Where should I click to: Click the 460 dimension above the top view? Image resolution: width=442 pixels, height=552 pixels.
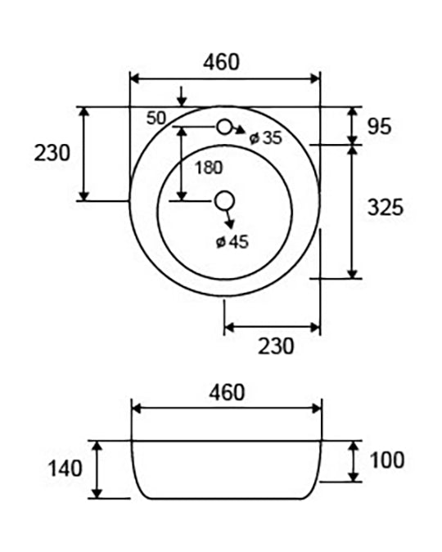pos(221,62)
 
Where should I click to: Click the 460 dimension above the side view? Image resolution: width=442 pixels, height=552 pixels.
pos(227,393)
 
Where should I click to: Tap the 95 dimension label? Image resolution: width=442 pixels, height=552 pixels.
pos(379,127)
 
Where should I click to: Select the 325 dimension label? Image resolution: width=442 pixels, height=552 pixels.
pos(386,207)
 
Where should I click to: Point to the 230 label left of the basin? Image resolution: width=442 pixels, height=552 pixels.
pos(52,153)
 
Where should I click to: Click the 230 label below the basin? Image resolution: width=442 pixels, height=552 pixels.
pos(276,346)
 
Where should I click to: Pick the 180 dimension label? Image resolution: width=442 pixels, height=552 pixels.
pos(209,168)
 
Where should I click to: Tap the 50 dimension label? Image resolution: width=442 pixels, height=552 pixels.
pos(156,119)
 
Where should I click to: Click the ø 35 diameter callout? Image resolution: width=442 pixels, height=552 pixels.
pos(266,137)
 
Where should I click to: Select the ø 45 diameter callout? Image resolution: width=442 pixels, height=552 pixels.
pos(232,242)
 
